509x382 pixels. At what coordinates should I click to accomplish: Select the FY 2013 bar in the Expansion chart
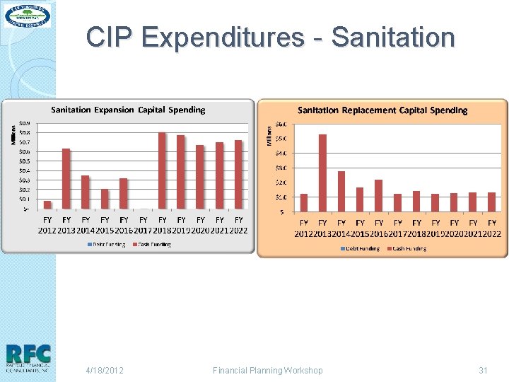tap(66, 178)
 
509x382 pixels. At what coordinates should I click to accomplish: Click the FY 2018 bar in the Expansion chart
tap(163, 170)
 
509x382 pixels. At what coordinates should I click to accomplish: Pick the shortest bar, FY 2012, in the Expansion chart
tap(47, 204)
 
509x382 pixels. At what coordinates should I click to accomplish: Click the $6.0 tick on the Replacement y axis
tap(281, 124)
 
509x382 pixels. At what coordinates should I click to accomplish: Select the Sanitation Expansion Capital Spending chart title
tap(128, 110)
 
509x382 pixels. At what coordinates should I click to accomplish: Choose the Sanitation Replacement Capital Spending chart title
tap(382, 110)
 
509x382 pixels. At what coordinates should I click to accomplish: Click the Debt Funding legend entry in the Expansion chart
tap(107, 245)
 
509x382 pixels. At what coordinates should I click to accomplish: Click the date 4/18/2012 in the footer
tap(105, 370)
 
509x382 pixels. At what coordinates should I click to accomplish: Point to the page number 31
tap(484, 370)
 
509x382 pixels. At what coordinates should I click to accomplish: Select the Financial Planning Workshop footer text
tap(267, 370)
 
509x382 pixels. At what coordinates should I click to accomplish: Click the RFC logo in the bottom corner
tap(28, 358)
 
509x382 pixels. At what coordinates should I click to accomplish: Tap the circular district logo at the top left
tap(28, 16)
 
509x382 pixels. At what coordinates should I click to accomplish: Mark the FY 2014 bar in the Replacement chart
tap(341, 191)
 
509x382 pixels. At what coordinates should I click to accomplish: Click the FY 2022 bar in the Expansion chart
tap(239, 174)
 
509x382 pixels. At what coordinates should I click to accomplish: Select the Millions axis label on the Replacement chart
tap(267, 137)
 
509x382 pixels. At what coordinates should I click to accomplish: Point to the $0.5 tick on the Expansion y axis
tap(24, 161)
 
